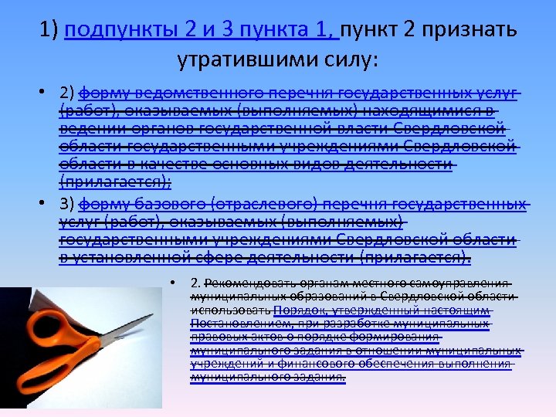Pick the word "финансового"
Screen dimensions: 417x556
click(323, 364)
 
